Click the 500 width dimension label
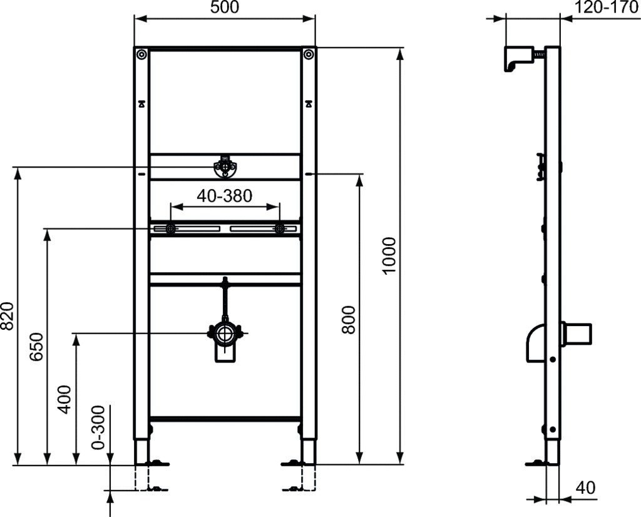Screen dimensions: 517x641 click(x=224, y=8)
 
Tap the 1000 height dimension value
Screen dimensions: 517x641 click(x=389, y=255)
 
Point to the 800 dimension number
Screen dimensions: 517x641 click(x=349, y=320)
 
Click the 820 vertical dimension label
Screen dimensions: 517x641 click(x=7, y=316)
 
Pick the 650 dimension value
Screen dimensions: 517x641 click(x=36, y=347)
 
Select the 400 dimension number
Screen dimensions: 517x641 click(x=64, y=399)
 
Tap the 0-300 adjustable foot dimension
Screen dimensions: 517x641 click(x=98, y=433)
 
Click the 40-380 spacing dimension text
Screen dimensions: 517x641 click(x=224, y=196)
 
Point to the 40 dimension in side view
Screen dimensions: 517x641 click(x=585, y=487)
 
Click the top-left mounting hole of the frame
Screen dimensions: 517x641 click(x=141, y=55)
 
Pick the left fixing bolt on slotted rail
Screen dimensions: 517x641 click(x=169, y=229)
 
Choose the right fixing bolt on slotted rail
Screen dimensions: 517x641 click(x=279, y=229)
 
